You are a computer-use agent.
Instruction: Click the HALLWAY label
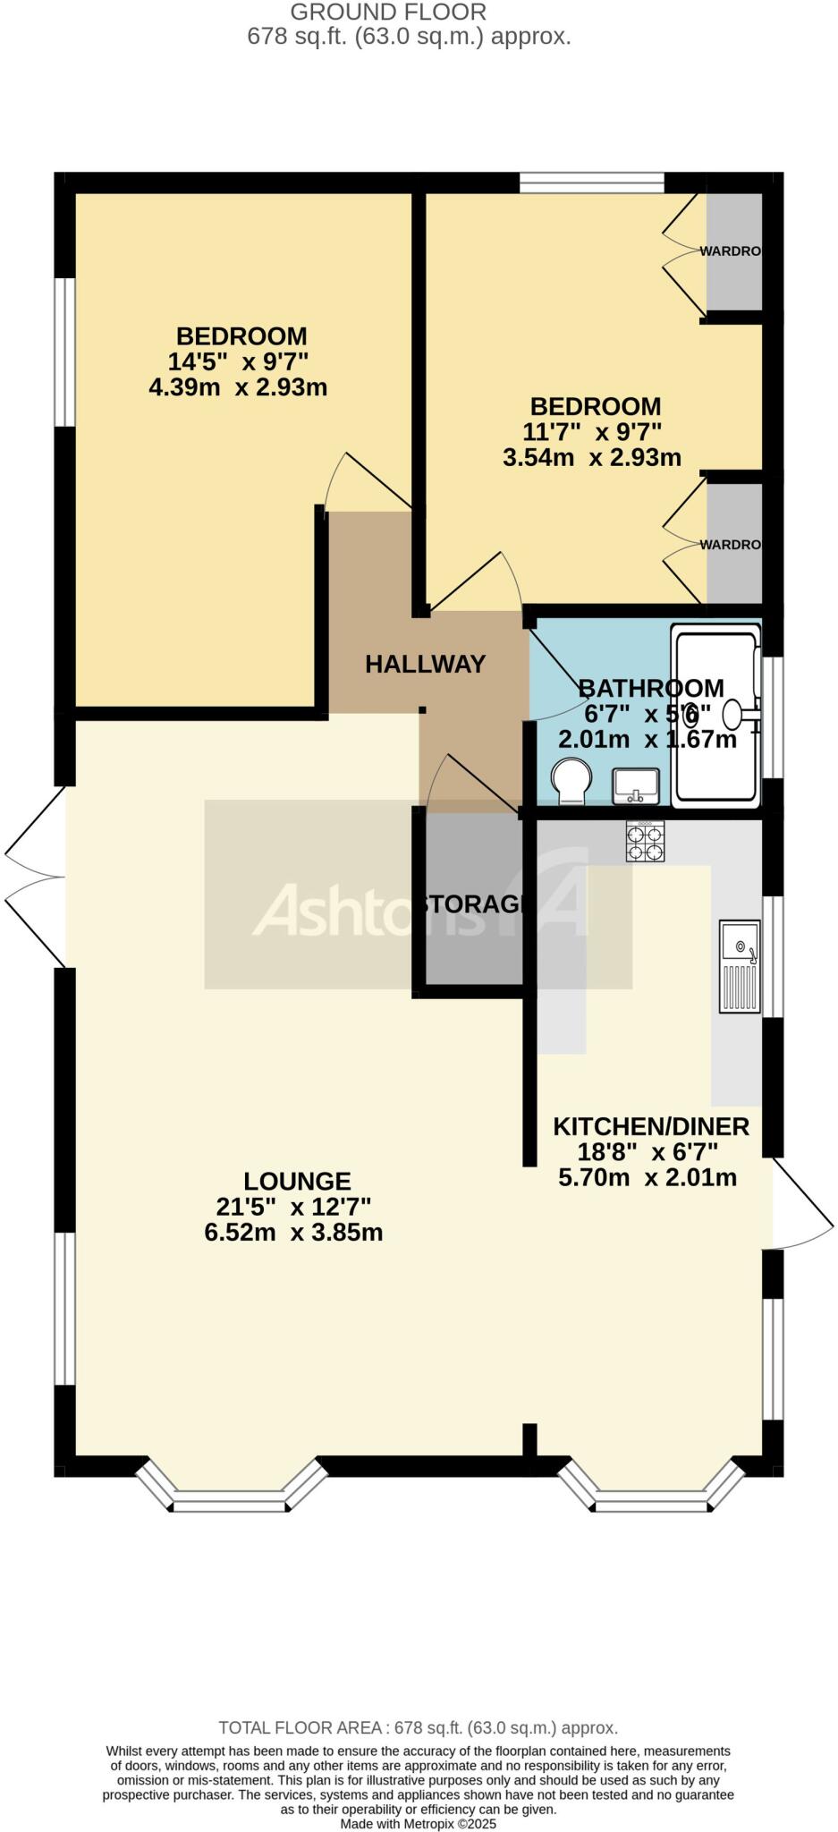pos(425,664)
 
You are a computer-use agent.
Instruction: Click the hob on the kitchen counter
pos(645,842)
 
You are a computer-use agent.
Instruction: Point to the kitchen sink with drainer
pos(740,966)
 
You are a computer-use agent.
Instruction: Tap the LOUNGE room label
pos(297,1182)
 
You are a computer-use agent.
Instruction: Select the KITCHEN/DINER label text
pos(650,1126)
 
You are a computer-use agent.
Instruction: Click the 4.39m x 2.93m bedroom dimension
pos(238,387)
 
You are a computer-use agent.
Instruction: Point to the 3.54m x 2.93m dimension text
pos(592,458)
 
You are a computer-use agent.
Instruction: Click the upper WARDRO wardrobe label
pos(730,251)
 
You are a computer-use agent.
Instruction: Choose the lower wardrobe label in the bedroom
pos(730,545)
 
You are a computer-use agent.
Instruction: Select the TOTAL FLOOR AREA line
pos(418,1727)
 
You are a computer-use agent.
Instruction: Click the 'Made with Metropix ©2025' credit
pos(418,1823)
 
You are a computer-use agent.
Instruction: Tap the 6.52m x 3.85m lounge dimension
pos(293,1233)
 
